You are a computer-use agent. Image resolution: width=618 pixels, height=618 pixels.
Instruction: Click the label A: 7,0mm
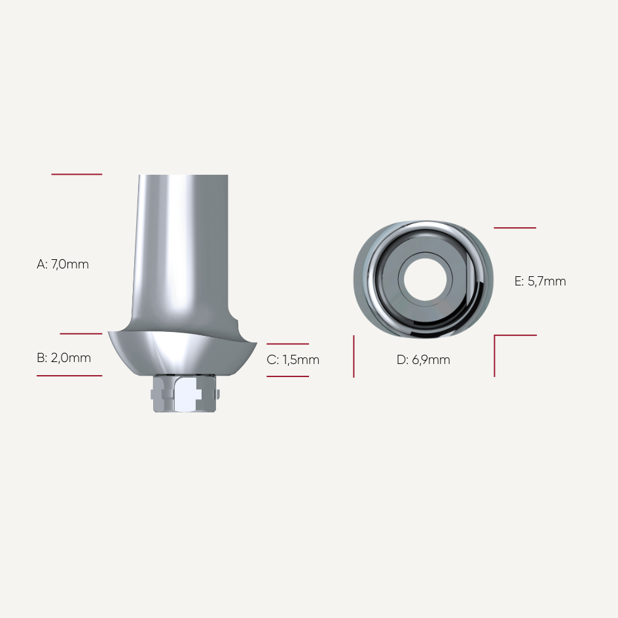pos(63,264)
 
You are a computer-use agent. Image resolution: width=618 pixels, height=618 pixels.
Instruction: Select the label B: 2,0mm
pos(64,358)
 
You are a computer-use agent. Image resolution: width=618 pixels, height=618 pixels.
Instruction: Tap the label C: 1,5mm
pos(293,360)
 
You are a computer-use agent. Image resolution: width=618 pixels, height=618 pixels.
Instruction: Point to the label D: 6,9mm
pos(424,360)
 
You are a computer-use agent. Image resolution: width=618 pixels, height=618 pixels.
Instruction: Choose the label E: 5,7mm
pos(540,282)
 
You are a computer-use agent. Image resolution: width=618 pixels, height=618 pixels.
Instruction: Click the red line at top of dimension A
pos(77,174)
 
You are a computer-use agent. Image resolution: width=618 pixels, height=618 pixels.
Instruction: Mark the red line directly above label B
pos(81,334)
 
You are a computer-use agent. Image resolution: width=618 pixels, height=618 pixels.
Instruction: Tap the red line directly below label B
pos(69,376)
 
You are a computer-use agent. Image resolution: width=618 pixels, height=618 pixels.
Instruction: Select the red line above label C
pos(287,344)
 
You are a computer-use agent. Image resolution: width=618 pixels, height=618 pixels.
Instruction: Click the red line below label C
pos(287,376)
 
